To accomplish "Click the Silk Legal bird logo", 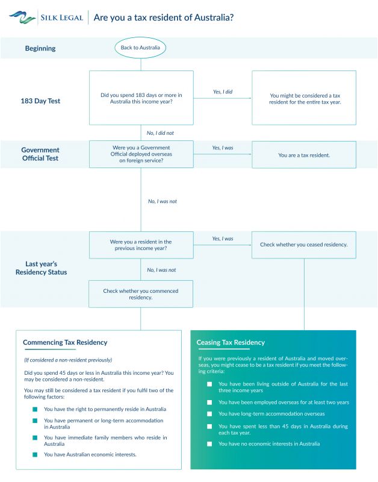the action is [22, 17].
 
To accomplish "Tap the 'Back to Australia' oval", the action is [140, 48].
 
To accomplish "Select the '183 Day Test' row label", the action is [40, 101].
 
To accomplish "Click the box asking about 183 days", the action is [141, 98].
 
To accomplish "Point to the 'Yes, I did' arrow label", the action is [223, 92].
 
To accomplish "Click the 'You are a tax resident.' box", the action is [304, 155].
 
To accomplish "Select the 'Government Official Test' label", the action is [40, 154].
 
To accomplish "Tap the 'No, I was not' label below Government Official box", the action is [163, 201].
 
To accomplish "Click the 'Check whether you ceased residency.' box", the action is [304, 245].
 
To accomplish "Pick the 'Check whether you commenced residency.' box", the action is [141, 294].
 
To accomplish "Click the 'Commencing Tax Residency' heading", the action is [65, 342].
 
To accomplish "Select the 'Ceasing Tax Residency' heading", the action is [231, 342].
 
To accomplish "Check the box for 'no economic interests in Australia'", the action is [209, 444].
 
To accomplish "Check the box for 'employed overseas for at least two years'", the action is [209, 402].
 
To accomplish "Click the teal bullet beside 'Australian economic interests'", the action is [35, 455].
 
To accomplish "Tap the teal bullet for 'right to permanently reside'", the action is [35, 410].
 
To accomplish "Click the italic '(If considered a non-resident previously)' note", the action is [68, 360].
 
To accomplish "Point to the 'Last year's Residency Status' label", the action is [41, 268].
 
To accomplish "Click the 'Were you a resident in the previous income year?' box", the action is [141, 245].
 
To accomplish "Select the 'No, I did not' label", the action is [160, 133].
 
